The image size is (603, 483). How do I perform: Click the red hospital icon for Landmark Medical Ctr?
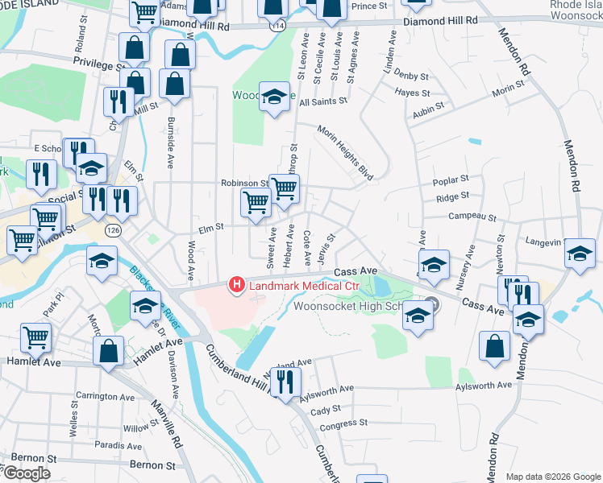237,284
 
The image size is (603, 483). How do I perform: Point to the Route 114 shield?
279,27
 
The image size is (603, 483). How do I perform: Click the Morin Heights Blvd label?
345,152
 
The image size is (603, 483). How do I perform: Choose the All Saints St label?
322,101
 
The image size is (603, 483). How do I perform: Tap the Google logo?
27,473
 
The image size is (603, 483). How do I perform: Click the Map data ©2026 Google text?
553,477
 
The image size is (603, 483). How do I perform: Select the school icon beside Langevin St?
579,253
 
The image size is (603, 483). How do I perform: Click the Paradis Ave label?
118,444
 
